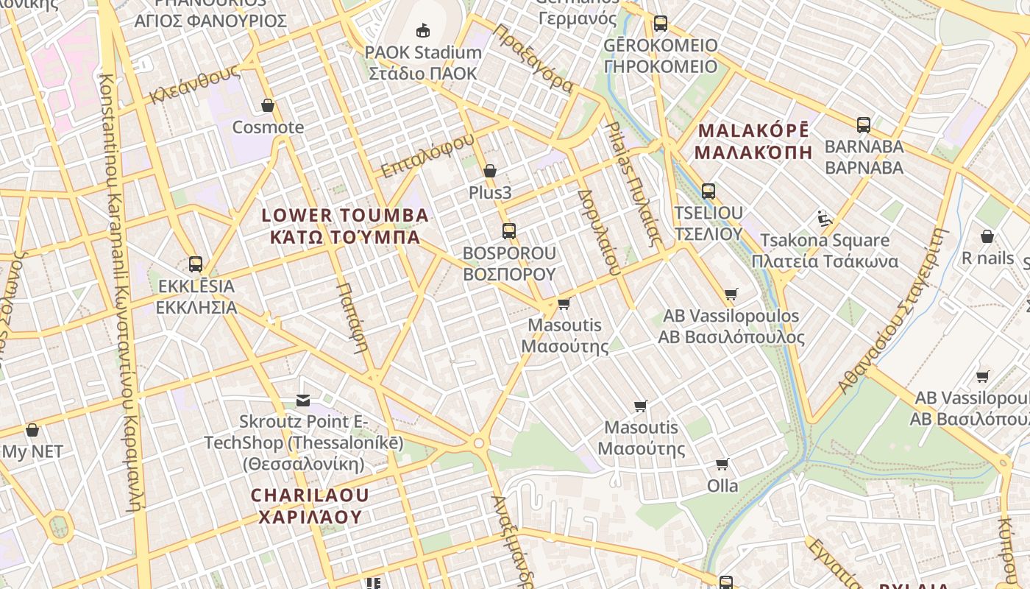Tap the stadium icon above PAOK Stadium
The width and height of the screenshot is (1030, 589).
(423, 31)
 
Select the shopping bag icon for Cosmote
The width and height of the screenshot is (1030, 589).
(268, 106)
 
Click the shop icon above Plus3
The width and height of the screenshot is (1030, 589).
(490, 172)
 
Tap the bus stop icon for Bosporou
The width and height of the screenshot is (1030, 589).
(508, 231)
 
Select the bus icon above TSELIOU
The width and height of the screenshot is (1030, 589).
(708, 191)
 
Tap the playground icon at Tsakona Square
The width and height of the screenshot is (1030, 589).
(825, 219)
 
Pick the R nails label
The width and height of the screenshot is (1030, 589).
(987, 258)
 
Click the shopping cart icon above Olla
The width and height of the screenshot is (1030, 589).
(722, 465)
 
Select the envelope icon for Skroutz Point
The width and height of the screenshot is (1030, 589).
(303, 401)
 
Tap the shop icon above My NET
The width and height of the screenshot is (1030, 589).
(32, 430)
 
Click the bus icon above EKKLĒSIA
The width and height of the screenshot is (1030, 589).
(196, 264)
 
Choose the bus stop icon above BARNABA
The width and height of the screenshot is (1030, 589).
(864, 125)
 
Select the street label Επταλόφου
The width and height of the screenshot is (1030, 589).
(427, 156)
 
